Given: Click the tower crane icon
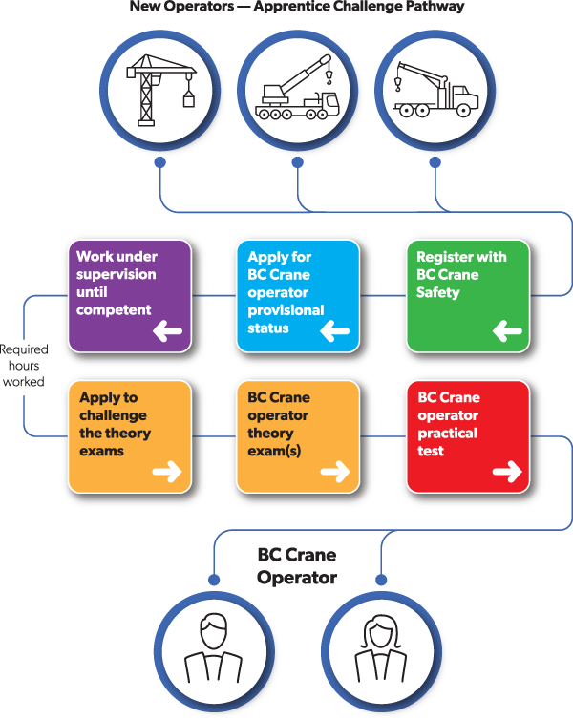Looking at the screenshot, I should (x=159, y=88).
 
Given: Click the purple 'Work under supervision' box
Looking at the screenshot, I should (x=130, y=296).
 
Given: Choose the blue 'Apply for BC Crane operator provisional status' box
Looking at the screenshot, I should (x=297, y=296).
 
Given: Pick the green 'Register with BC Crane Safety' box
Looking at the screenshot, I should (x=467, y=296).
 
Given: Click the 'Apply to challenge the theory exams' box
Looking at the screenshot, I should (x=130, y=436).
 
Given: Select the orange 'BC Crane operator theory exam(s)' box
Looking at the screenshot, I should (x=297, y=436).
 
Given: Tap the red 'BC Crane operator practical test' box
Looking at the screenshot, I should (x=467, y=436).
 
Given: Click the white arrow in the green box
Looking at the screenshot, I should (x=507, y=331).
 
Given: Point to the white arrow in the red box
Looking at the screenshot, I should (x=507, y=471).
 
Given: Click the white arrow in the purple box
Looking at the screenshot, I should (x=167, y=331).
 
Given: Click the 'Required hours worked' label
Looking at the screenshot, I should (x=22, y=366).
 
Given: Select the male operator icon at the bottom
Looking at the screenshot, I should (x=213, y=648).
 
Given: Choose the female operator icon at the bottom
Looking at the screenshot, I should (x=381, y=648).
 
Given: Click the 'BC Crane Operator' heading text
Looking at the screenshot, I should (x=297, y=566).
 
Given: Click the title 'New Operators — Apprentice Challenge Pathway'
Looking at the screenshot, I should (x=297, y=7).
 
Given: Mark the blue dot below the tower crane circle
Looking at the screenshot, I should (x=159, y=162).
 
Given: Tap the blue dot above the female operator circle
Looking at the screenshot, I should (x=381, y=579).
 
